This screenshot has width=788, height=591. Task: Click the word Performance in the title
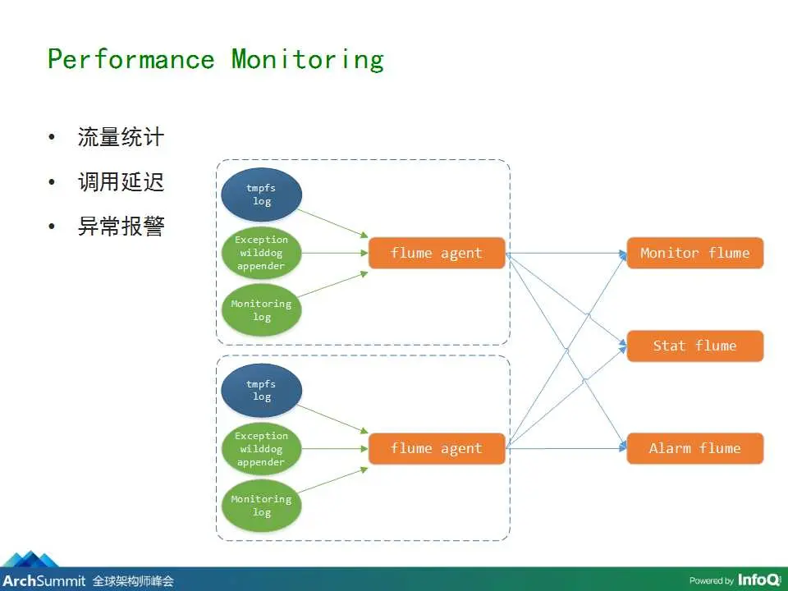[131, 60]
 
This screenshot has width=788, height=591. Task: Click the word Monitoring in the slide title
[308, 60]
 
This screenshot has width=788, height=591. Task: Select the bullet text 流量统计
[121, 137]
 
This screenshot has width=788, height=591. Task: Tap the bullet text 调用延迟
[121, 182]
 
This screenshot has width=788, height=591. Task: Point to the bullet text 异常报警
[121, 227]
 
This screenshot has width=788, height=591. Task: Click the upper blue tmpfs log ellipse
[261, 195]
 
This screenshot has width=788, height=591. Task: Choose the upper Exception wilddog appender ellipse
[261, 253]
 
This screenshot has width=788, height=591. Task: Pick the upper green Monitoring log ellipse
[261, 310]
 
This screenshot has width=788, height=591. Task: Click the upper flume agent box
[437, 253]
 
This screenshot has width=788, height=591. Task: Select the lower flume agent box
[437, 448]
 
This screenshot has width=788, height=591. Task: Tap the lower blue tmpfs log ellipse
[261, 391]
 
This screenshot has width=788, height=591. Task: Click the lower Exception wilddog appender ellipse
[261, 449]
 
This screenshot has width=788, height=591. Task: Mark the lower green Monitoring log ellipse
[261, 506]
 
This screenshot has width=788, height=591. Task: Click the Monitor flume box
[694, 253]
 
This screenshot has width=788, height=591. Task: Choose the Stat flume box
[694, 346]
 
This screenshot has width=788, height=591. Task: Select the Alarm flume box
[694, 448]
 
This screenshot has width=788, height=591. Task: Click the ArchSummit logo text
[44, 581]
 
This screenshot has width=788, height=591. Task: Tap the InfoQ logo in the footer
[758, 580]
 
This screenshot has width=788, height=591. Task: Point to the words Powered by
[712, 581]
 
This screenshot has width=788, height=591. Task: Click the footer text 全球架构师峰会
[133, 581]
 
